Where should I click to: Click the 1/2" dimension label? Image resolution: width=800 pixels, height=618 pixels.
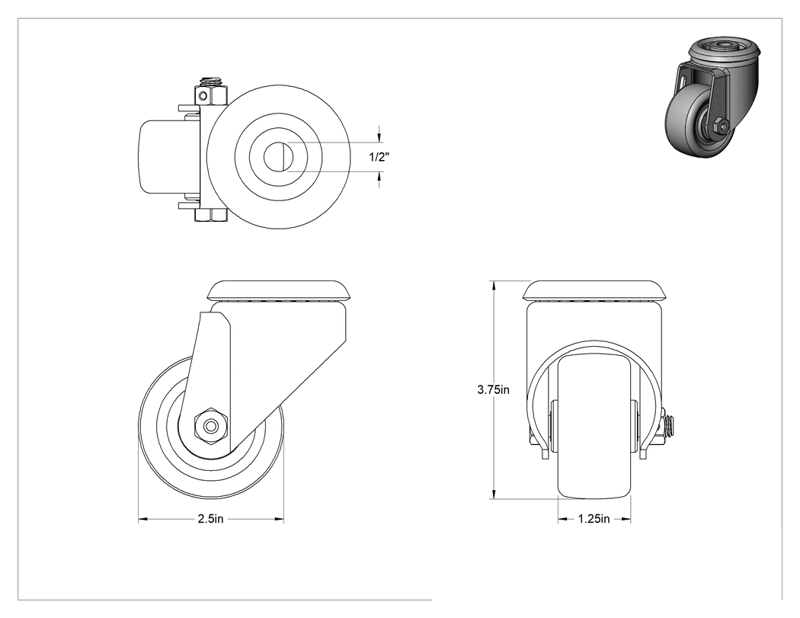pyautogui.click(x=379, y=157)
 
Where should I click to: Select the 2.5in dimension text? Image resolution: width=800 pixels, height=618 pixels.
pyautogui.click(x=211, y=519)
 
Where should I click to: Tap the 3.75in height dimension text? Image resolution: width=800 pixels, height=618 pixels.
pyautogui.click(x=494, y=389)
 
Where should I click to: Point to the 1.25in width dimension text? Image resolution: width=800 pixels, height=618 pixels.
pyautogui.click(x=594, y=519)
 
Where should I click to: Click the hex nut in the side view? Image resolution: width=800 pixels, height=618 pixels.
pyautogui.click(x=211, y=426)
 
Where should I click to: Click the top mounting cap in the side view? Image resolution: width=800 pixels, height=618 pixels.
pyautogui.click(x=280, y=290)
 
